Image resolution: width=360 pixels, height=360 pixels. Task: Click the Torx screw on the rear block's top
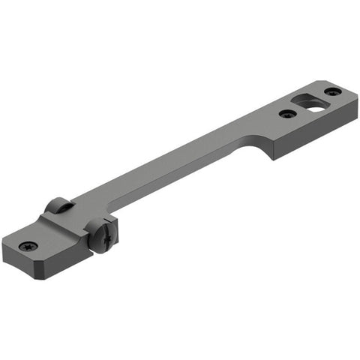coord(29,246)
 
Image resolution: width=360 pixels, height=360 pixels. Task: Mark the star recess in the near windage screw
coord(103,238)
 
